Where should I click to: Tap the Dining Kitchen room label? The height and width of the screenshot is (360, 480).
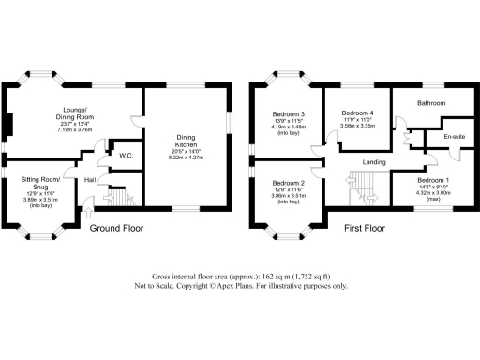click(x=187, y=142)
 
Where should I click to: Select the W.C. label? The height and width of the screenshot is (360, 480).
click(x=124, y=155)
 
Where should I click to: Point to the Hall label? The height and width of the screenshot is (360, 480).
click(x=91, y=180)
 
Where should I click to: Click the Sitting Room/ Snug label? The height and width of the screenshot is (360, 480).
click(x=39, y=183)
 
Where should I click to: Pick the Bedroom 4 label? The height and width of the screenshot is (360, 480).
click(x=357, y=112)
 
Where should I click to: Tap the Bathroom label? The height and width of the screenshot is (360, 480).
click(x=431, y=103)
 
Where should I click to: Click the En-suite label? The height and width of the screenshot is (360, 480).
click(x=455, y=138)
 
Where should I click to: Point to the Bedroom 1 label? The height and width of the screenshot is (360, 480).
click(x=432, y=179)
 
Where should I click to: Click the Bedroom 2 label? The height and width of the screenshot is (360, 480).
click(x=289, y=184)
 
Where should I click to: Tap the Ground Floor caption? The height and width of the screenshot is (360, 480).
click(x=116, y=228)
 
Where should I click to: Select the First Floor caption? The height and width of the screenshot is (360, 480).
click(x=365, y=228)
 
